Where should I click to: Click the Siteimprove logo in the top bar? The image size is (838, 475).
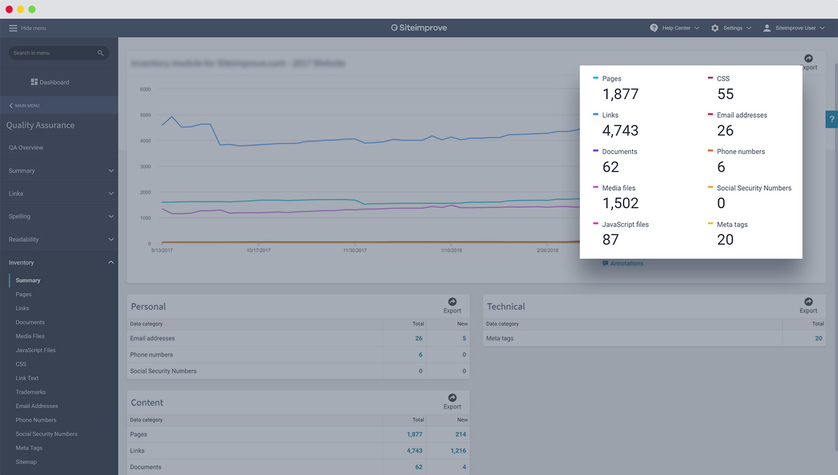coord(419,28)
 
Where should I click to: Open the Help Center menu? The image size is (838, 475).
coord(674,28)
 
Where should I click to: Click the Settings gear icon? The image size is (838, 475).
coord(715,28)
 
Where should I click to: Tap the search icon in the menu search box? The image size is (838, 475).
coord(100,53)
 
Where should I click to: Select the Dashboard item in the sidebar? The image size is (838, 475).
coord(50,82)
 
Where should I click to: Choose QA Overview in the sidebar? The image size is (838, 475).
coord(26,148)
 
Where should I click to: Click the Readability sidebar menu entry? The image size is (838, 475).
coord(24,239)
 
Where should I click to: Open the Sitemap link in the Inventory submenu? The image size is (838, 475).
coord(26,462)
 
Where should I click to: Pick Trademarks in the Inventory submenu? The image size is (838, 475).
coord(31,392)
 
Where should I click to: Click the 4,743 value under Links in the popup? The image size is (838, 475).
coord(620,131)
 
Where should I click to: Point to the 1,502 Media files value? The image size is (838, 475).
coord(620,203)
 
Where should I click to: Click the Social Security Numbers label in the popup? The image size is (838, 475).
coord(754,188)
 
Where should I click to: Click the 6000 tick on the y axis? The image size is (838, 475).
coord(145,89)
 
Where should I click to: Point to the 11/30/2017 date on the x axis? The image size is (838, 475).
coord(355,251)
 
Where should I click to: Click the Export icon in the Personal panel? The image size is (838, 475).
coord(452,302)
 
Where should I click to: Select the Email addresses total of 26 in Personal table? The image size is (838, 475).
coord(418,338)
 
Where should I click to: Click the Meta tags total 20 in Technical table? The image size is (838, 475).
coord(818,338)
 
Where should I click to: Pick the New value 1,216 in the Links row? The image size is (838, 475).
coord(458,451)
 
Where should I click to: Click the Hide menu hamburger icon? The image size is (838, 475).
coord(13,28)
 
